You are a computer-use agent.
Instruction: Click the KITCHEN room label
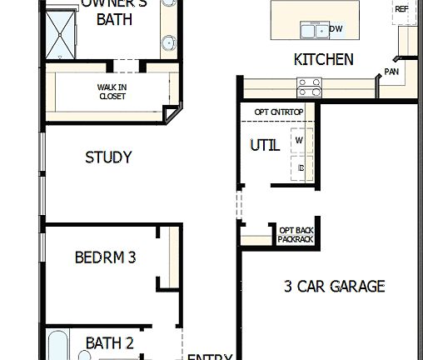323,60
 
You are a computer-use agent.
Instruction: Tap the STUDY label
108,157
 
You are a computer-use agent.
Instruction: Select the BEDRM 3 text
105,257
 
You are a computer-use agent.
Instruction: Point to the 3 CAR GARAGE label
334,287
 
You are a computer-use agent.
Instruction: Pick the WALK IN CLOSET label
112,90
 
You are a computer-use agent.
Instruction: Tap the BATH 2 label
109,342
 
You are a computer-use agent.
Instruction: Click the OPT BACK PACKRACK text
296,234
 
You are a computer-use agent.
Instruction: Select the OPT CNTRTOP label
278,111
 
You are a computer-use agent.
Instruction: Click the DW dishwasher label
336,29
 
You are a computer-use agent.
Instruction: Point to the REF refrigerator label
401,9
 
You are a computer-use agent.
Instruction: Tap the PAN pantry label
391,72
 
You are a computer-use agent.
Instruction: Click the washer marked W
299,141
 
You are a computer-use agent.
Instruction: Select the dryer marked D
301,167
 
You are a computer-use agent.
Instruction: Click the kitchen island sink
313,30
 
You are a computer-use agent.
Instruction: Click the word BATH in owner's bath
114,20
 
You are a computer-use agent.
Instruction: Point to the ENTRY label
210,357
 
